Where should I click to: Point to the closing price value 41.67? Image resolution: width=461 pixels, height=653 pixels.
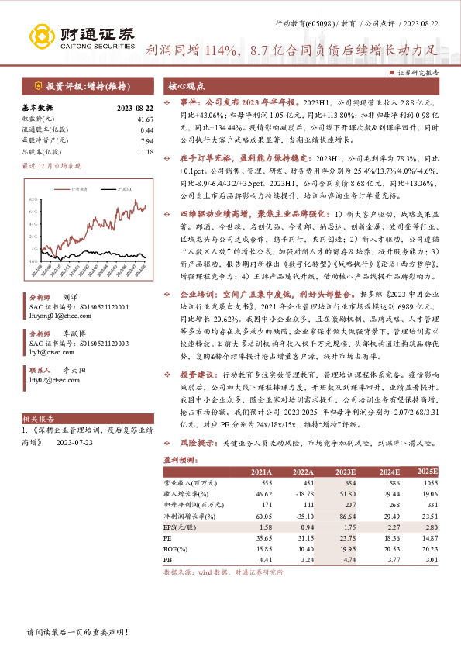[x=144, y=119]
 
